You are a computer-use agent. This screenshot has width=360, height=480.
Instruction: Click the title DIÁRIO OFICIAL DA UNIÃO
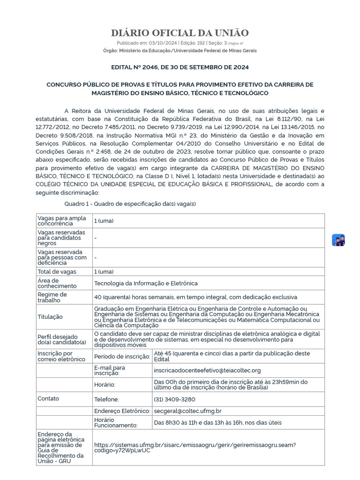click(x=180, y=33)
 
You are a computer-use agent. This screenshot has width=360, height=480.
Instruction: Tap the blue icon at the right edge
click(x=338, y=240)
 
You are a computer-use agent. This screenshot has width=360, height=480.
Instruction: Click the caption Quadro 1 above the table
click(x=130, y=204)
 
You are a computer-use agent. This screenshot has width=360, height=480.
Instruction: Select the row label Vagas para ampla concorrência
click(x=61, y=221)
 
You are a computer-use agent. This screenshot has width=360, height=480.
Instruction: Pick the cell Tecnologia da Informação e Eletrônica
click(x=146, y=283)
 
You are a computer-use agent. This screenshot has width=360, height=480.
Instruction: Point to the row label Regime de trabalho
click(x=52, y=297)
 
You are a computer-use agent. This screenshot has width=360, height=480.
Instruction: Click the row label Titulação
click(x=50, y=317)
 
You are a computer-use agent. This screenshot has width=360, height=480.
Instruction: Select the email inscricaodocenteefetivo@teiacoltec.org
click(x=207, y=370)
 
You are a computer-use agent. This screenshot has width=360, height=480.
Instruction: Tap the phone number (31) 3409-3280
click(x=174, y=399)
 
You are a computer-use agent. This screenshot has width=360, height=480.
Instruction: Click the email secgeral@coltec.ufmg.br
click(x=187, y=411)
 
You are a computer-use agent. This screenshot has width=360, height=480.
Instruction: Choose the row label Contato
click(x=48, y=398)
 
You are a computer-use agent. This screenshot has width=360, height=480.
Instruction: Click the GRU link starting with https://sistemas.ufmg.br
click(x=195, y=447)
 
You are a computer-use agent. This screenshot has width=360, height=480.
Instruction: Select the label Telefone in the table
click(x=106, y=399)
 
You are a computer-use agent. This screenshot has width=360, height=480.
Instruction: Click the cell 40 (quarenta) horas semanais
click(x=195, y=297)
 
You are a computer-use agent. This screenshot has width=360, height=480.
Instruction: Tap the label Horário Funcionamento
click(x=116, y=422)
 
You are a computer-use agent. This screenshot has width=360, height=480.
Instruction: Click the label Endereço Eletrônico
click(x=121, y=411)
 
